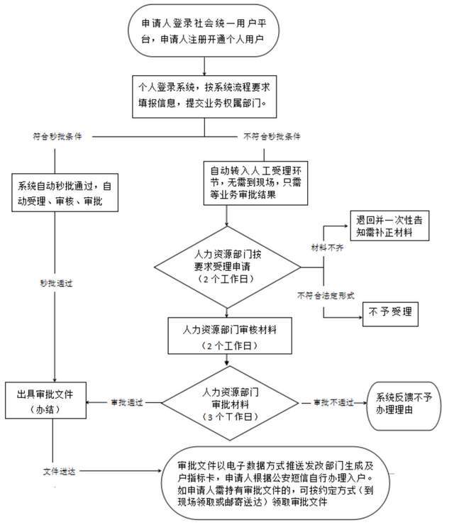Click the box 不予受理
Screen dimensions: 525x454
click(391, 311)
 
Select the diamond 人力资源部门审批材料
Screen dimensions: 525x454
click(227, 402)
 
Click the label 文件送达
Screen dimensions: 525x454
click(55, 470)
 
